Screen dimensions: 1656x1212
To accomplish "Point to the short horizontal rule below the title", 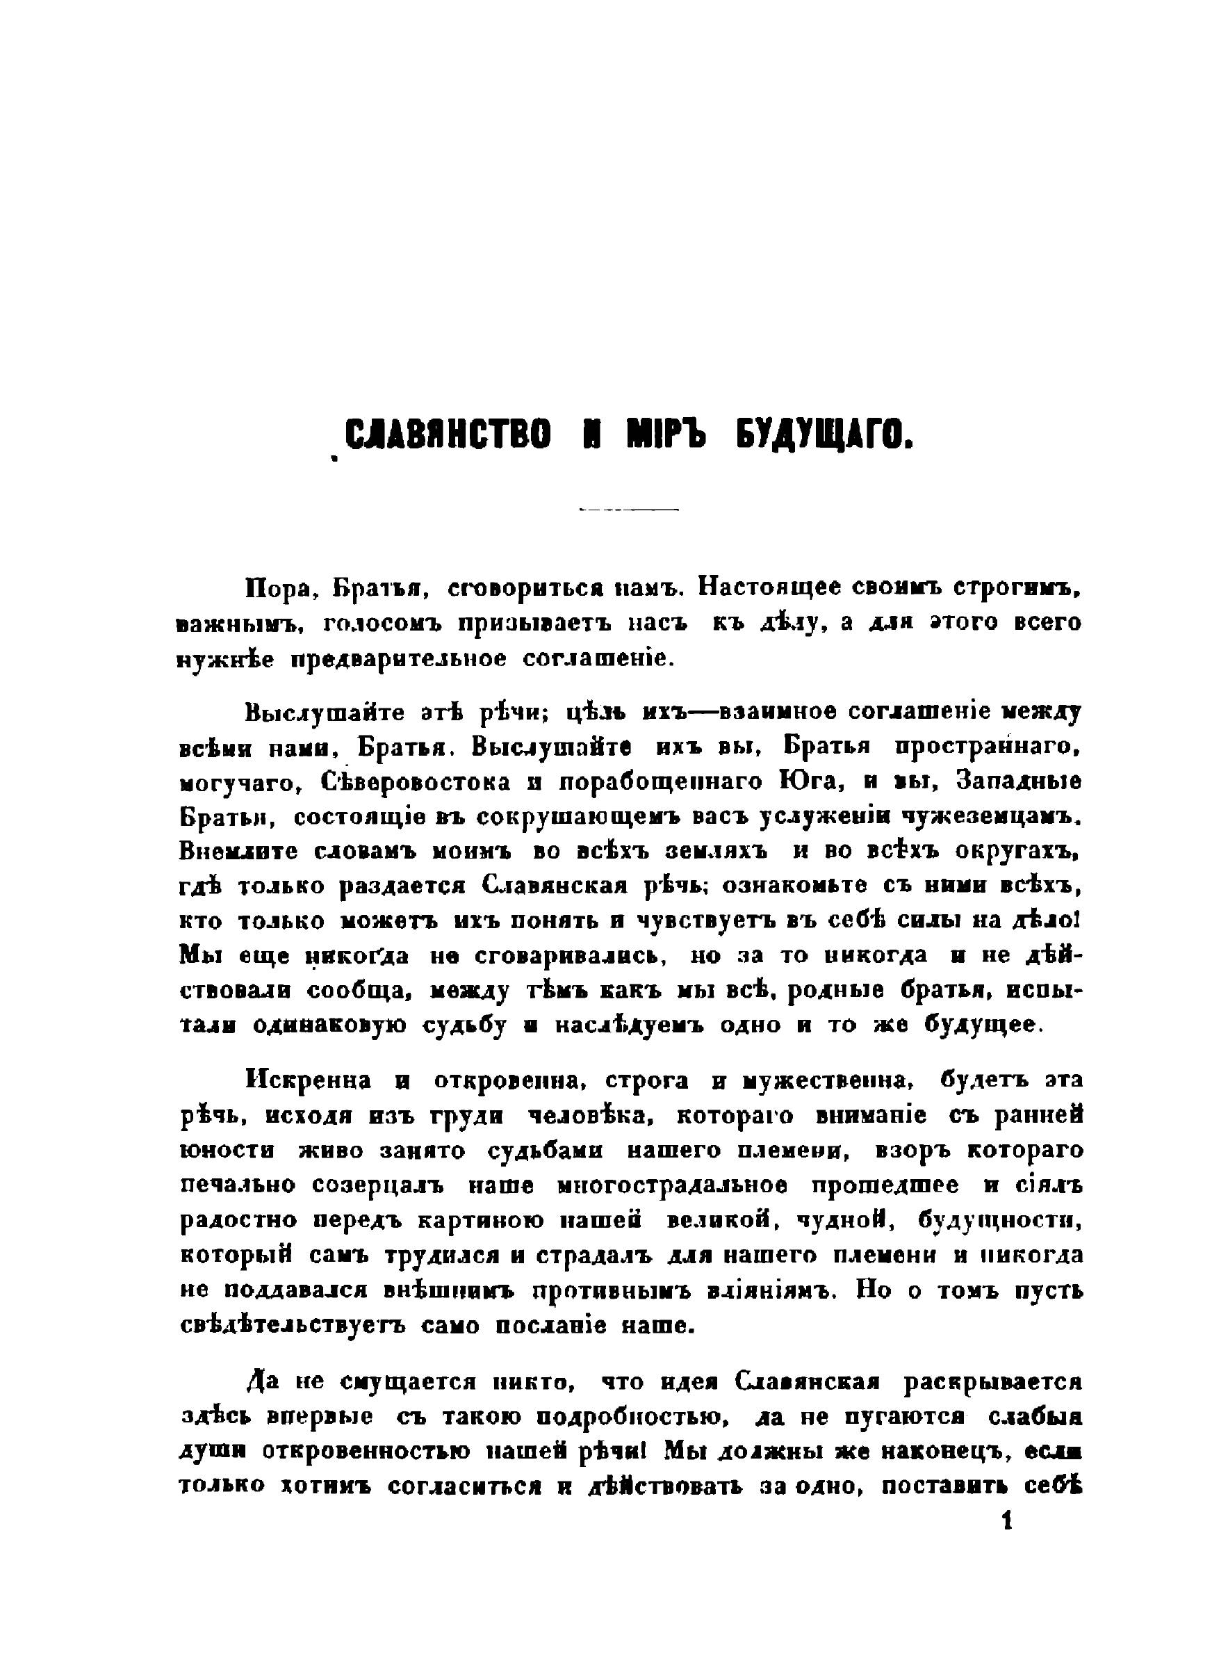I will [629, 509].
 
